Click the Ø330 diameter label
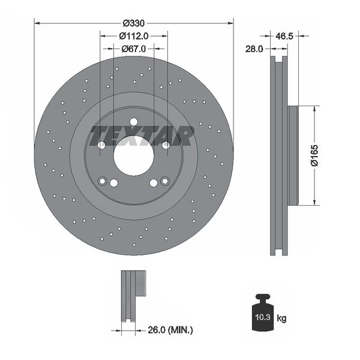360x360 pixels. (x=134, y=23)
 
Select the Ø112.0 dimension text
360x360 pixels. (x=134, y=36)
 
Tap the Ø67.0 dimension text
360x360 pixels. (x=134, y=49)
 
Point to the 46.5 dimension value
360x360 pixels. (x=284, y=36)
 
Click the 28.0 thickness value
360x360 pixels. (x=254, y=49)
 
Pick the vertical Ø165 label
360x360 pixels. (x=314, y=155)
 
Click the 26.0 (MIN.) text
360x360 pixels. (x=170, y=330)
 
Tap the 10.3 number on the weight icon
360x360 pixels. (x=263, y=317)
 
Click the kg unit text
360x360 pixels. (x=281, y=319)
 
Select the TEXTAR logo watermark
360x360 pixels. (x=142, y=136)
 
